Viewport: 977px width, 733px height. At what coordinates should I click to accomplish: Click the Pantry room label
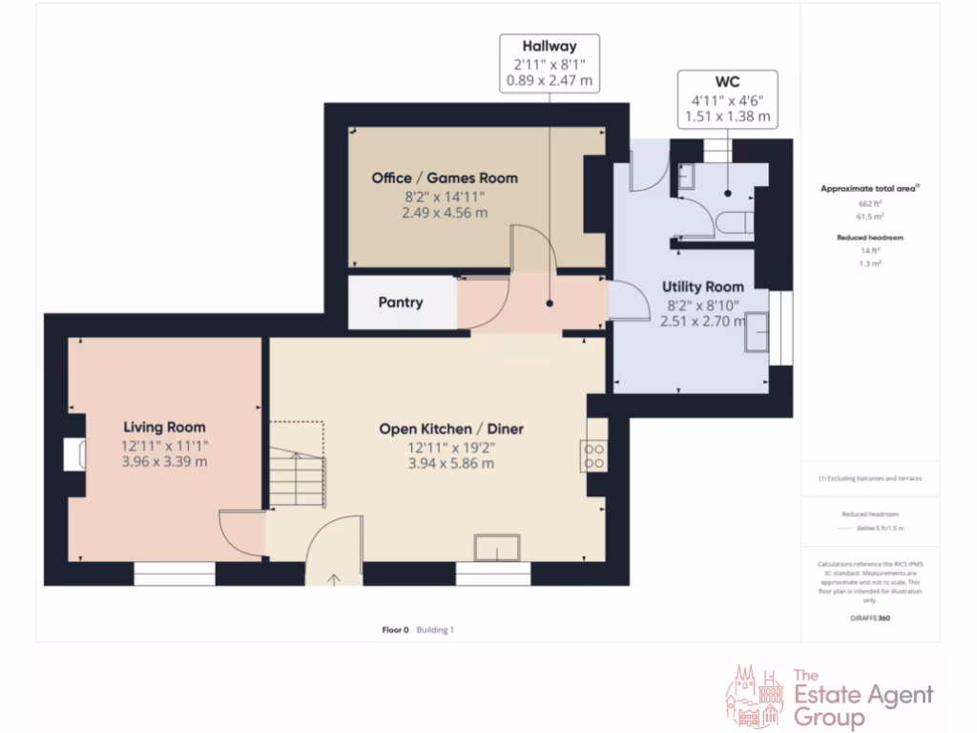tap(401, 303)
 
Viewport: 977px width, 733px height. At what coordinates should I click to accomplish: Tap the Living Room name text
tap(163, 428)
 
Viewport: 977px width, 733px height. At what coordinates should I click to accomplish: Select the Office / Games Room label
tap(445, 178)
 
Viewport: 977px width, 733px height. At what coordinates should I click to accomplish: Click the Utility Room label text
tap(703, 286)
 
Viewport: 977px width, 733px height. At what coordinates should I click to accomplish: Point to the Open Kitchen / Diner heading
tap(451, 429)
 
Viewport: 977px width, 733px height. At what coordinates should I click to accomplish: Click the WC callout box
tap(727, 98)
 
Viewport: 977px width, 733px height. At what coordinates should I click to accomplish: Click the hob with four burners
tap(594, 456)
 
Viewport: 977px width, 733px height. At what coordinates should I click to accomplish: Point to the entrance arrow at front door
tap(335, 578)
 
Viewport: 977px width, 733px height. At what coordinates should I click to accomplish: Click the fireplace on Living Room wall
tap(74, 455)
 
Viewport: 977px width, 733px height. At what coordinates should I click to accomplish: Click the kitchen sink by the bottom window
tap(497, 548)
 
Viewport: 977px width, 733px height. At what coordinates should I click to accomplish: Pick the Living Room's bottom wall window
tap(174, 574)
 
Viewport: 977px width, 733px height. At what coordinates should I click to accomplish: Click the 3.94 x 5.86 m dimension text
tap(451, 464)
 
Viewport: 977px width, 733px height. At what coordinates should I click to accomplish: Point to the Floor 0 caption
tap(395, 630)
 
